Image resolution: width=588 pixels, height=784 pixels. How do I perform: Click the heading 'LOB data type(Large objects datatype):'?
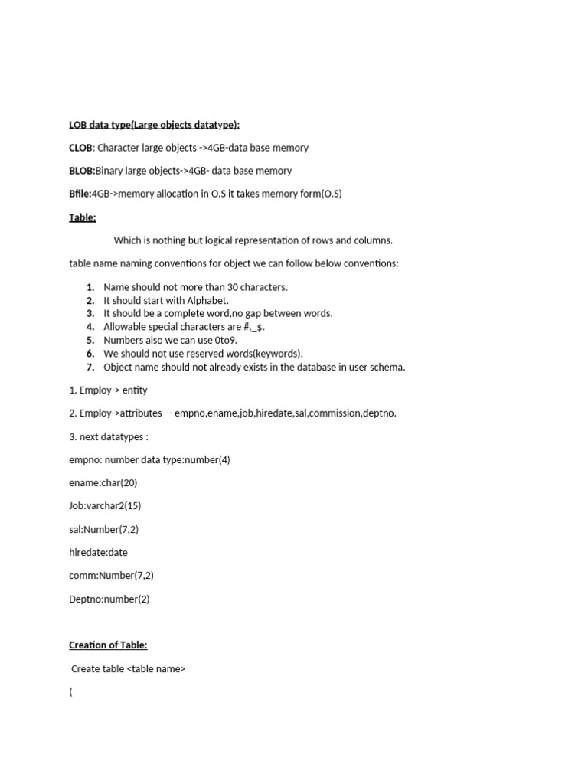click(154, 125)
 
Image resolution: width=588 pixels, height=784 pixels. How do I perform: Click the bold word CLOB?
click(81, 148)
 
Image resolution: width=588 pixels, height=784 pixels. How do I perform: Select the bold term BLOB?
click(82, 171)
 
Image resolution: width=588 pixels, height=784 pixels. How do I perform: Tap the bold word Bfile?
click(80, 194)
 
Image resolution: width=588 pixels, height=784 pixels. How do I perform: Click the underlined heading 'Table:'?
click(83, 217)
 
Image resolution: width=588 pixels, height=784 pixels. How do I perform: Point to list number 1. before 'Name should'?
click(90, 287)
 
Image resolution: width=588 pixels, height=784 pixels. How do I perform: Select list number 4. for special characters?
click(90, 327)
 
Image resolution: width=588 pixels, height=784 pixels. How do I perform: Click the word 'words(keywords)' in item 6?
click(266, 353)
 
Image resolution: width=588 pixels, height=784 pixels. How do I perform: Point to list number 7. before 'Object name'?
click(90, 367)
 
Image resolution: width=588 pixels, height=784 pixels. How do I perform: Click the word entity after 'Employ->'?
click(135, 390)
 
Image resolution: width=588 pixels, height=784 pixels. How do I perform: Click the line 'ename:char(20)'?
click(103, 483)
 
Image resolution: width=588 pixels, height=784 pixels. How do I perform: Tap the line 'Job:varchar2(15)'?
click(105, 506)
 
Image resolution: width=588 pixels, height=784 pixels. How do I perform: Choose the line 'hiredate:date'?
click(99, 552)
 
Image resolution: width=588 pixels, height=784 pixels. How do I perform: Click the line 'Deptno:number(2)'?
click(109, 599)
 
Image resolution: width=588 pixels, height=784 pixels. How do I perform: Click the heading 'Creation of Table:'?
click(108, 645)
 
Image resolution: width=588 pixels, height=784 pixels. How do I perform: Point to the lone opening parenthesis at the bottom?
click(71, 692)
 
